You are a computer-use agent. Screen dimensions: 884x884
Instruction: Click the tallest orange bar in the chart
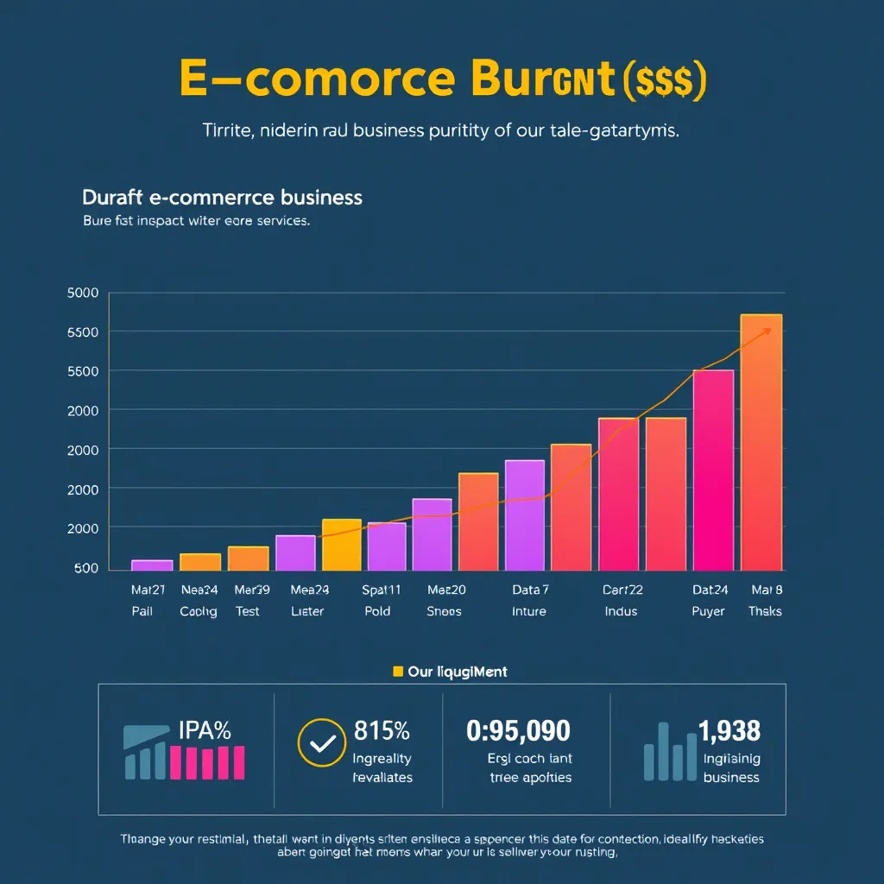[x=761, y=442]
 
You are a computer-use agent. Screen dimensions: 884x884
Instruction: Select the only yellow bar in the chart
[x=341, y=545]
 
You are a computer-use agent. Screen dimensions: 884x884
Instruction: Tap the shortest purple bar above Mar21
[x=152, y=565]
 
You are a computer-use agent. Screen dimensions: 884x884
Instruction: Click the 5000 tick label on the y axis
[x=82, y=293]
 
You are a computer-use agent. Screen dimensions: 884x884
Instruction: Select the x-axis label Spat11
[x=381, y=590]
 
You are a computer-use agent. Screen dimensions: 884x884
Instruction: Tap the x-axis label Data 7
[x=530, y=590]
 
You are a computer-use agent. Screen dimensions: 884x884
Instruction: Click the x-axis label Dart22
[x=622, y=590]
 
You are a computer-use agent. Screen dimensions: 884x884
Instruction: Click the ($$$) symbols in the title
[x=664, y=80]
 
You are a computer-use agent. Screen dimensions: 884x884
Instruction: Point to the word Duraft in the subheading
[x=113, y=197]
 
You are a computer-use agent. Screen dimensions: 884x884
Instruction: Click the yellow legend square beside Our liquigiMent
[x=398, y=671]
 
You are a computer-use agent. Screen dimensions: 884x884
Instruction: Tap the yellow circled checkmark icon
[x=321, y=742]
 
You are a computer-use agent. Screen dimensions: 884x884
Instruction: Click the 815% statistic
[x=382, y=730]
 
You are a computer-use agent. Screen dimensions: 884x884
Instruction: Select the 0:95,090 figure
[x=518, y=731]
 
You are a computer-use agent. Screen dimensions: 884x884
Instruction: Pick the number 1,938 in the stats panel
[x=729, y=731]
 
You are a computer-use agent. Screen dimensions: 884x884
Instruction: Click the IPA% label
[x=205, y=730]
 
